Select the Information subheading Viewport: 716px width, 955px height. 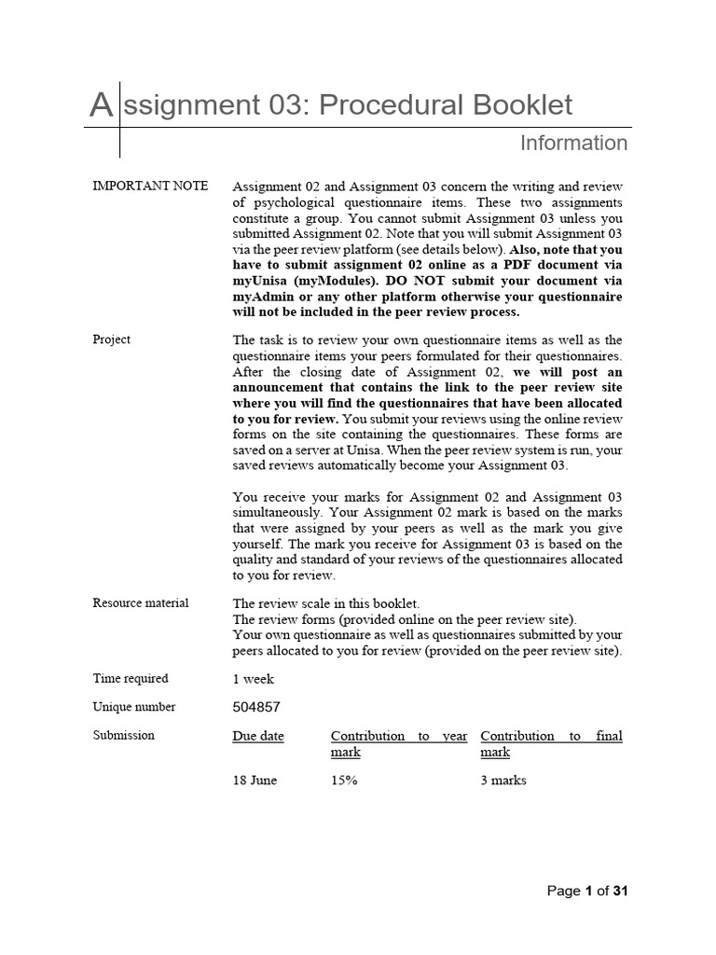point(573,143)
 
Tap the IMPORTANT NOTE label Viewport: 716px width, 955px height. point(150,186)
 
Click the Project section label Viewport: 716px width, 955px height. point(112,339)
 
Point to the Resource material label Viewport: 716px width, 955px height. point(141,603)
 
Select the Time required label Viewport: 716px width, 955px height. point(131,679)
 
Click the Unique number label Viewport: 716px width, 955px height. point(134,707)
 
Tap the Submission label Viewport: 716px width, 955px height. point(124,736)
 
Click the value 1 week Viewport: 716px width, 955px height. point(253,680)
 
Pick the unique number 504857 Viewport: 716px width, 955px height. point(256,708)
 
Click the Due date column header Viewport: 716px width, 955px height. point(258,737)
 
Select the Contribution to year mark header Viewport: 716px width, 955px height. point(399,743)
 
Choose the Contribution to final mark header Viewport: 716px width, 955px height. point(551,743)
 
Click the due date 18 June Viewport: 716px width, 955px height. point(255,781)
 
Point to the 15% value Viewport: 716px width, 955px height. point(344,781)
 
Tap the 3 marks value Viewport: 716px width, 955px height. point(503,781)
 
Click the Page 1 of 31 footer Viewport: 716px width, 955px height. point(587,892)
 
